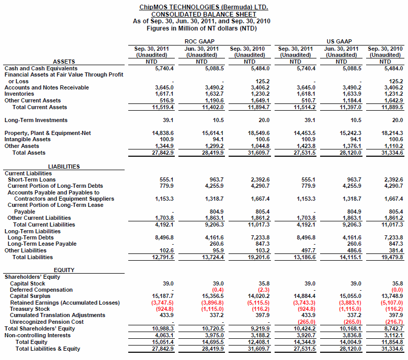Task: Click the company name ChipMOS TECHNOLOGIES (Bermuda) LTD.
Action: [x=204, y=7]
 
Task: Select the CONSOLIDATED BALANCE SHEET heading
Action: [x=204, y=14]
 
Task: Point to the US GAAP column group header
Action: [x=339, y=41]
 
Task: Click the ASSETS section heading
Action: [x=64, y=62]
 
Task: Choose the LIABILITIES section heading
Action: [x=64, y=167]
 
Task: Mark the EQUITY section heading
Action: [x=64, y=270]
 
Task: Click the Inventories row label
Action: [x=19, y=94]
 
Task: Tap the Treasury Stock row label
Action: [x=30, y=309]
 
